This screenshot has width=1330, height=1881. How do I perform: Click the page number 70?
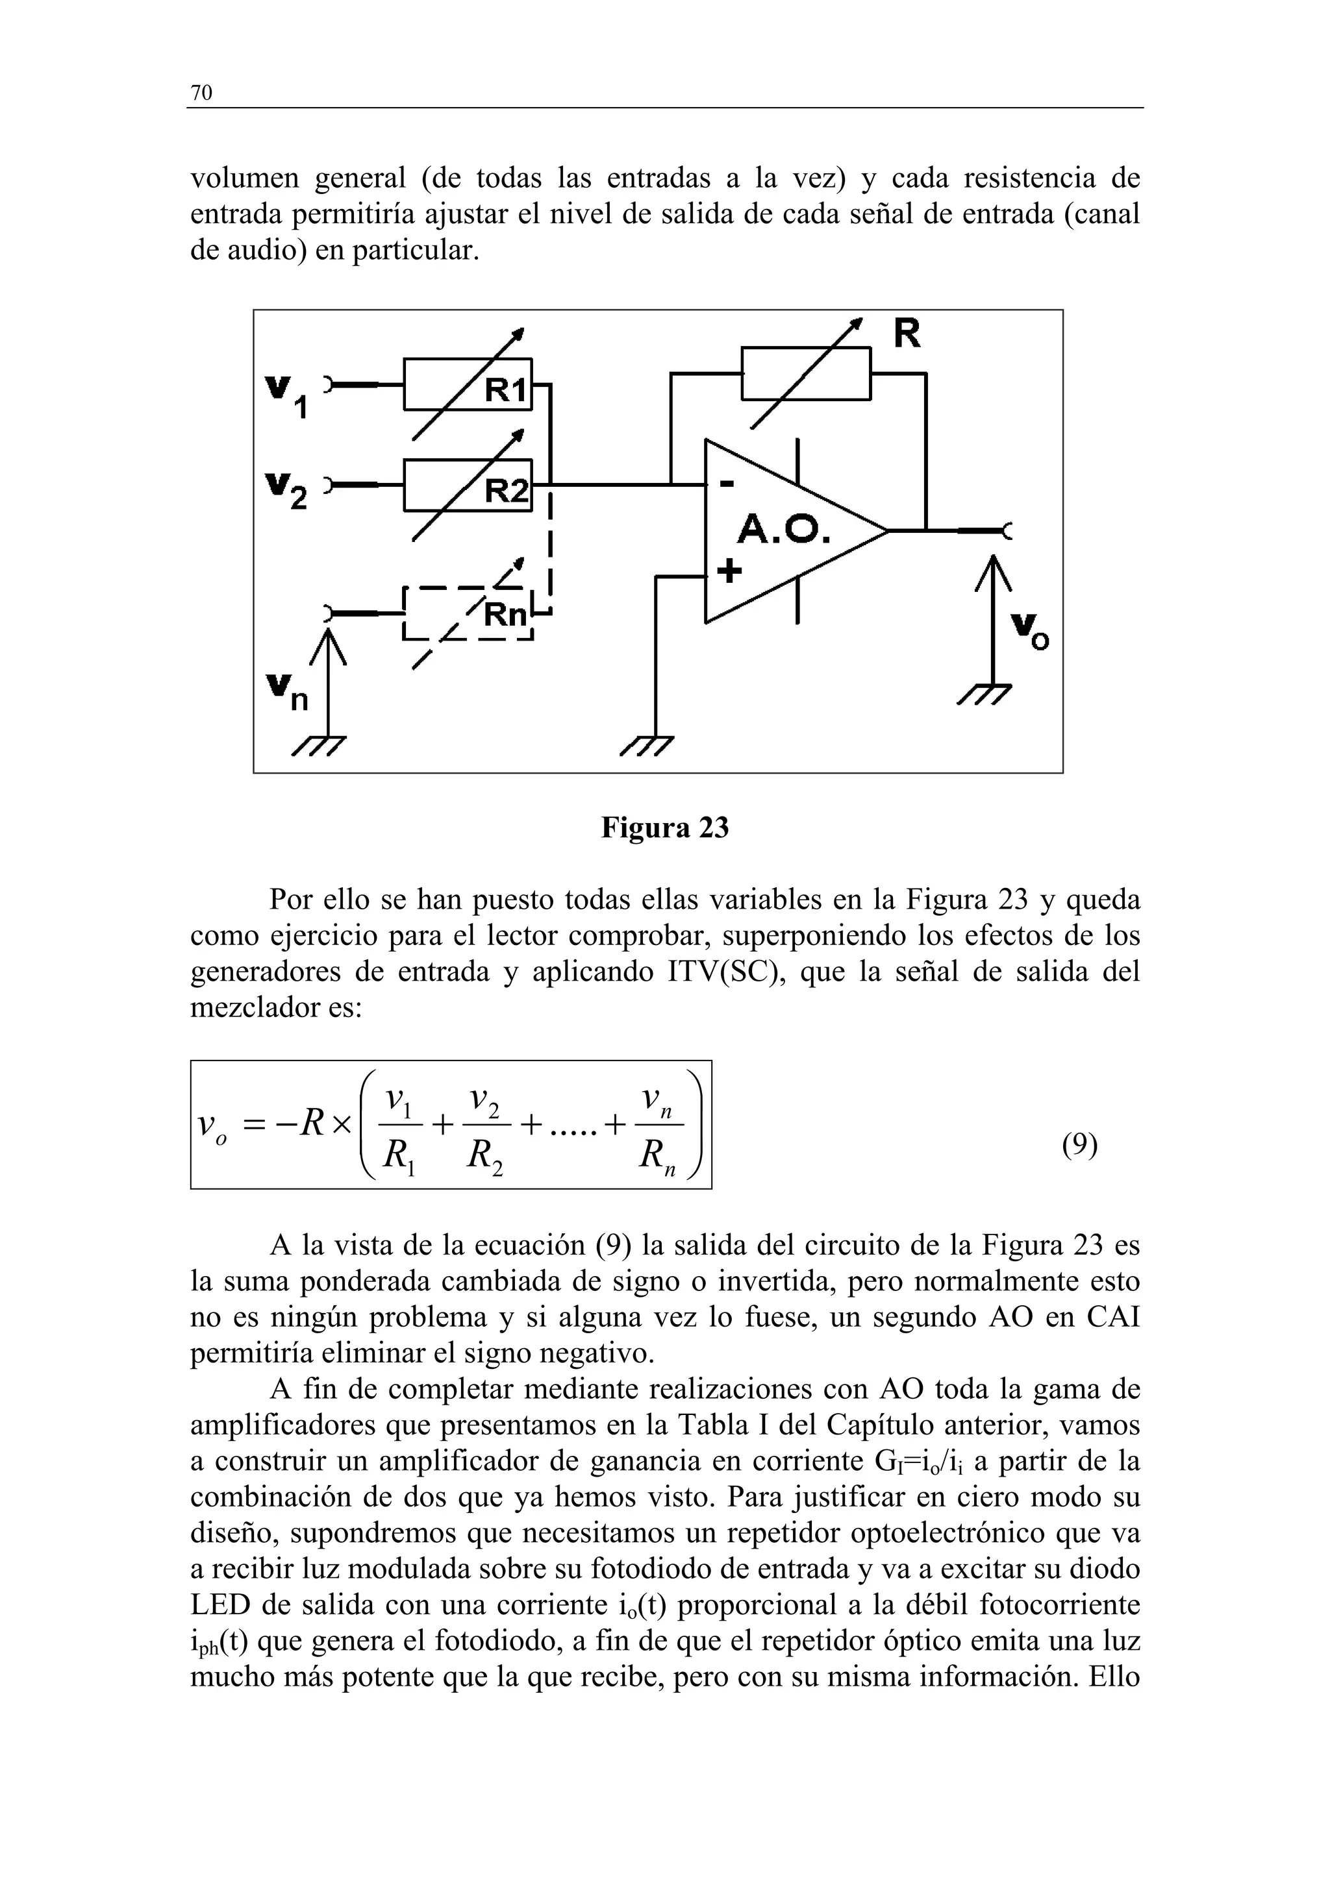tap(201, 93)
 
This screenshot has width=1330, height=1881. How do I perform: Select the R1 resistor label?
tap(506, 391)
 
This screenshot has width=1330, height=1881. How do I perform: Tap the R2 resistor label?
tap(506, 491)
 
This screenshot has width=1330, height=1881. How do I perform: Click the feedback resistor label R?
tap(907, 334)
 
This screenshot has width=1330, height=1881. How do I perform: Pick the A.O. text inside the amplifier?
tap(783, 530)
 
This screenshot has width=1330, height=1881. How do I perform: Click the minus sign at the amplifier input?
tap(726, 485)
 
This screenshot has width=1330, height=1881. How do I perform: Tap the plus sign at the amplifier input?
tap(729, 569)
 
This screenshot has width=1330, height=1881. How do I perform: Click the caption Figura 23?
tap(664, 828)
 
